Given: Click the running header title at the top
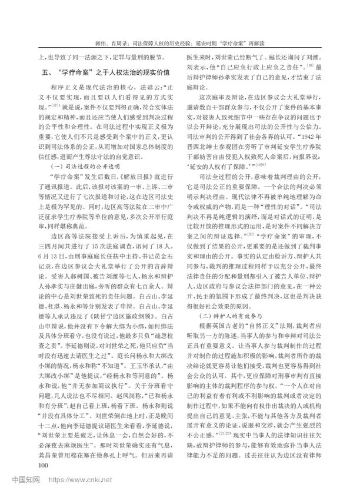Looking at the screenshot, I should (180, 44).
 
